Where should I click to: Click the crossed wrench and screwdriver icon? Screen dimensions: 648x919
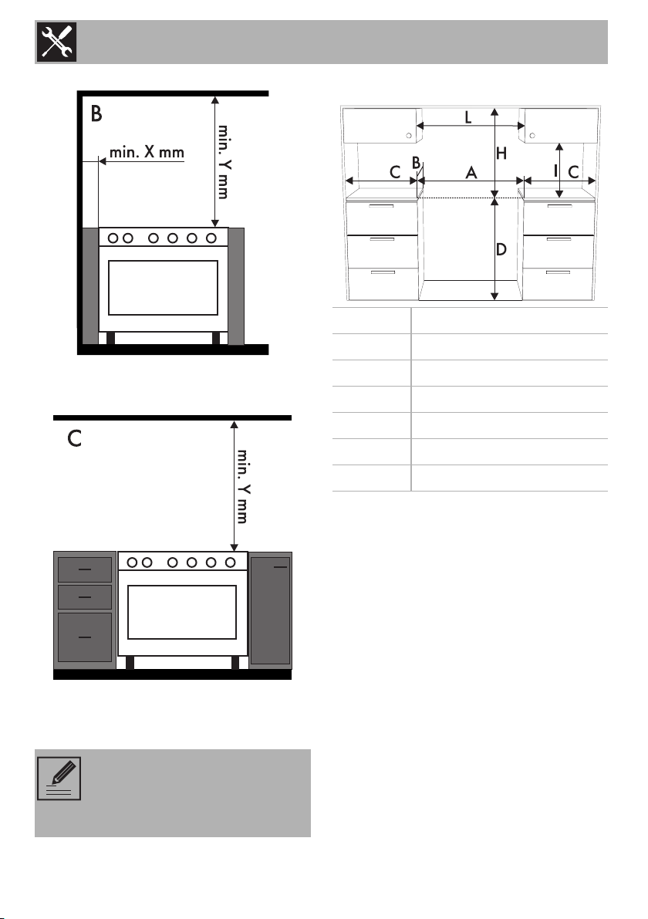[56, 42]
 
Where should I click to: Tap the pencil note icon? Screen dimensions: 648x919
[59, 779]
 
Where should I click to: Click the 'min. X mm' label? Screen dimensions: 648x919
[147, 152]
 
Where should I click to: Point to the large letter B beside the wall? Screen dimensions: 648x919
[96, 113]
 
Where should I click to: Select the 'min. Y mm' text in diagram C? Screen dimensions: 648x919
[243, 486]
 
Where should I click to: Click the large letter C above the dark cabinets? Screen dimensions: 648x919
[74, 439]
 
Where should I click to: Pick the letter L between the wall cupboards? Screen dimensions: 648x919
[467, 117]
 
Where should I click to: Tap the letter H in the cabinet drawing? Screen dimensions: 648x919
[501, 154]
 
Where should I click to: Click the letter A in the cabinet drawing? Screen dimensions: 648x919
[471, 173]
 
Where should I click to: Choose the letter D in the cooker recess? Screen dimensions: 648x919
[501, 250]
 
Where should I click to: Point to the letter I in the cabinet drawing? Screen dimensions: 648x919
[555, 171]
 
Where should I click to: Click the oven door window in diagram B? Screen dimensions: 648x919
[163, 288]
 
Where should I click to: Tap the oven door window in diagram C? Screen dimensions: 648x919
[181, 612]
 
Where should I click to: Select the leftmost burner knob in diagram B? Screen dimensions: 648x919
[113, 238]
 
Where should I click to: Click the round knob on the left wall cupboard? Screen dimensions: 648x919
[409, 136]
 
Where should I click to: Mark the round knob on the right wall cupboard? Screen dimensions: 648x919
[532, 136]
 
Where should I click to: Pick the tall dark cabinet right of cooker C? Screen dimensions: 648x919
[270, 610]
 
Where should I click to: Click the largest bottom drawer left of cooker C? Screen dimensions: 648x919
[85, 637]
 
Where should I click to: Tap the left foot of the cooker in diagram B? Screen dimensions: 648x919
[111, 338]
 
